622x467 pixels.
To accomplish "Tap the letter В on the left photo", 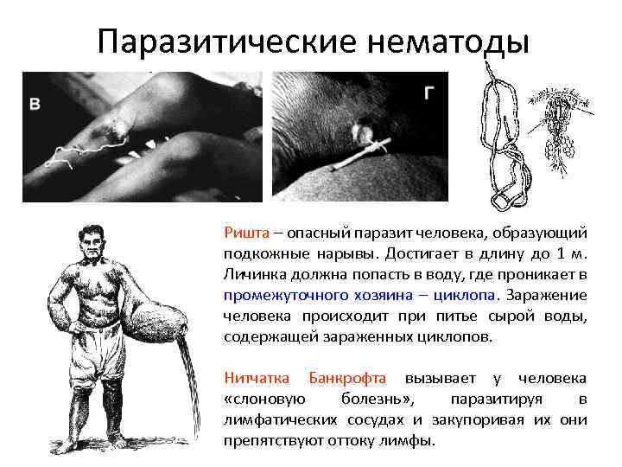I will (x=35, y=105).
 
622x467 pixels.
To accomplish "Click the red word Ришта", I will (x=244, y=233).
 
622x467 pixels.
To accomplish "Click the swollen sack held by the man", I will (x=155, y=317).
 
